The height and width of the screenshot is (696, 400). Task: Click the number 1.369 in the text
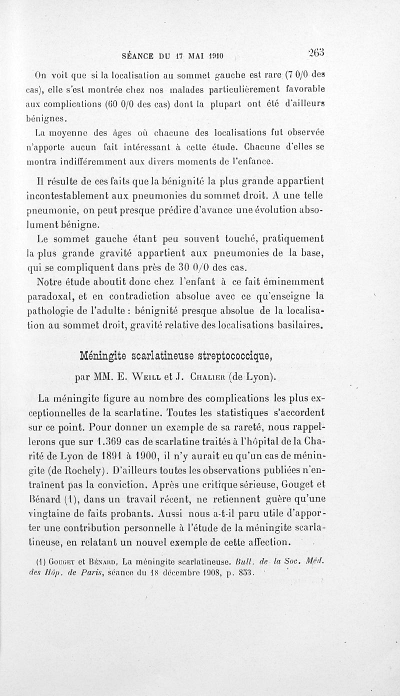(114, 442)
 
